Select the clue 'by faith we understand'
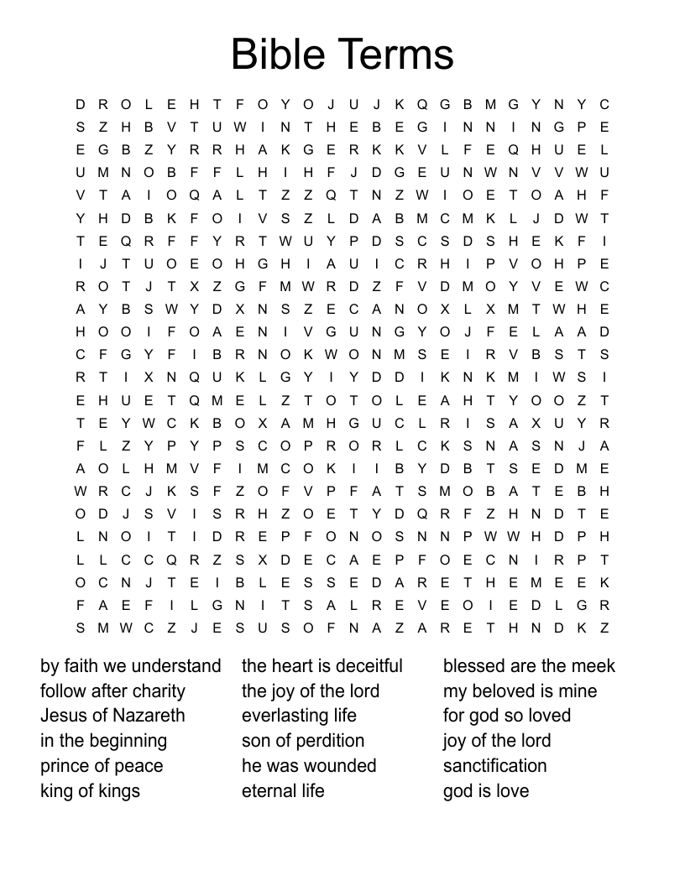point(131,666)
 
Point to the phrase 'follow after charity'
point(112,691)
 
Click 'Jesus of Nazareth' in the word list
point(112,716)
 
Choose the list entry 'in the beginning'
point(103,741)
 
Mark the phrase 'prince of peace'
point(102,766)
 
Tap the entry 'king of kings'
point(90,790)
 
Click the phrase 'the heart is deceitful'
point(322,666)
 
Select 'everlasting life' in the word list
point(299,716)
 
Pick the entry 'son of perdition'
point(303,741)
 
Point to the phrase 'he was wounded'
point(309,766)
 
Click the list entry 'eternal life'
point(283,790)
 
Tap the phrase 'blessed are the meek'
point(529,666)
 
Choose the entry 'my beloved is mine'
point(520,691)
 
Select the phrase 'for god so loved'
point(507,716)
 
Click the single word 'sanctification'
point(495,766)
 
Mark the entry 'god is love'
point(486,790)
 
